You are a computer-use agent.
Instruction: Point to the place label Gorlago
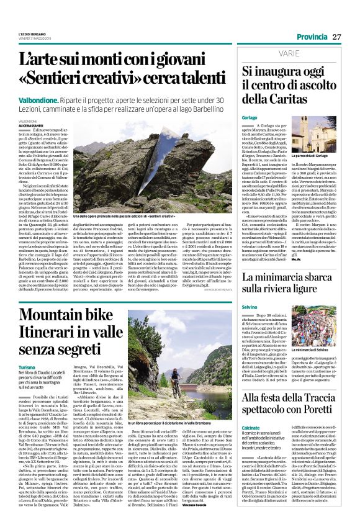233,117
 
